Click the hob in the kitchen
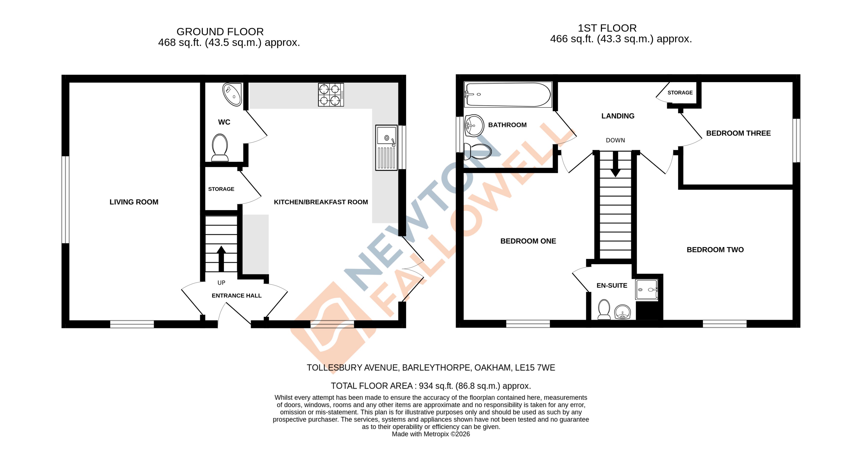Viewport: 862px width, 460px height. tap(331, 95)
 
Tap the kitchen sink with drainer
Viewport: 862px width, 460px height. tap(386, 148)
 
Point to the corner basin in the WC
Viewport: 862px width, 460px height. tap(232, 94)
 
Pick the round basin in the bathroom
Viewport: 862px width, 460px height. tap(474, 126)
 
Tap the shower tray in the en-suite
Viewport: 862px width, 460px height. tap(646, 290)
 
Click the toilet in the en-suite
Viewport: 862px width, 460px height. tap(604, 309)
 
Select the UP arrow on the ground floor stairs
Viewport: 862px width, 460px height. tap(221, 258)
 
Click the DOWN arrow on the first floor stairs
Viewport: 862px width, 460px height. tap(615, 164)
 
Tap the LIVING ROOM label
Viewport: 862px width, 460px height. tap(134, 202)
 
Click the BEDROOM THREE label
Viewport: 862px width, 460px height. tap(738, 133)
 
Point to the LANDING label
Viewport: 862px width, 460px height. tap(618, 116)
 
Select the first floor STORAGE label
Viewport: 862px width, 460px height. tap(680, 93)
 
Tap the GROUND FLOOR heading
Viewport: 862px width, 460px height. tap(220, 32)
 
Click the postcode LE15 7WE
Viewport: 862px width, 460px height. tap(535, 368)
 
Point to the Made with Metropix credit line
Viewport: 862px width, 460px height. tap(431, 434)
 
